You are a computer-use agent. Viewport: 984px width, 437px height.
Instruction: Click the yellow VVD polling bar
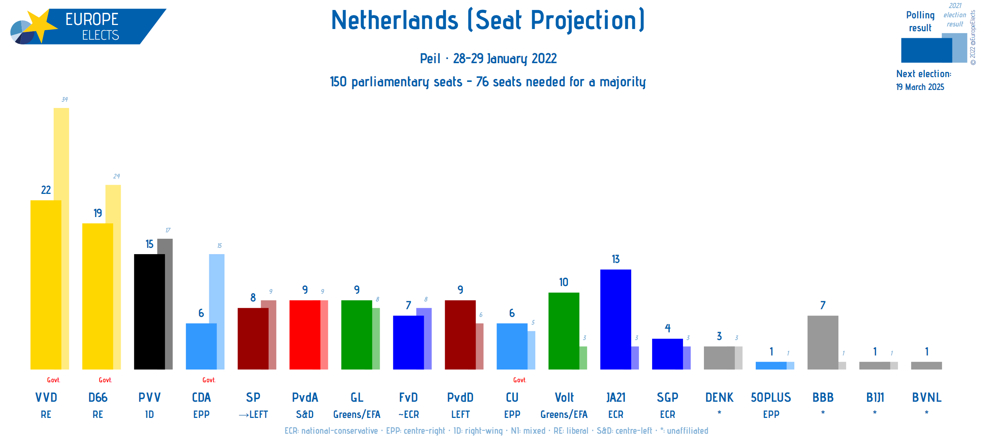46,284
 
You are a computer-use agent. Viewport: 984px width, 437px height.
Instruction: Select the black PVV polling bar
149,311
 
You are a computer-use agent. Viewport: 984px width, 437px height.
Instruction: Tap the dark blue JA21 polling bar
615,319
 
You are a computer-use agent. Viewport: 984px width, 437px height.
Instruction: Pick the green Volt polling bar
563,331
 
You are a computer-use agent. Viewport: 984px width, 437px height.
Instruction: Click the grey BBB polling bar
822,342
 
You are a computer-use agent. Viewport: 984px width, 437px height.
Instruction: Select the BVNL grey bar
926,365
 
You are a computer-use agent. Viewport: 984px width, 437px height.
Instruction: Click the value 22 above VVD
46,190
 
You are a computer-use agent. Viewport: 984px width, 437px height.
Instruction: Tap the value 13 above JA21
615,259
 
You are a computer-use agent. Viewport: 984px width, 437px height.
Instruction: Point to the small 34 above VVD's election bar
65,100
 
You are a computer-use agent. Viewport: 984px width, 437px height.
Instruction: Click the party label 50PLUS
770,397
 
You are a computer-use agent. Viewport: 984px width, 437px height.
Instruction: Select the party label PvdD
460,397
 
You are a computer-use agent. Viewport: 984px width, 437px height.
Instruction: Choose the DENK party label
719,397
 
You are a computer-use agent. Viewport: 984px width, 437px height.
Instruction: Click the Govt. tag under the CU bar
519,380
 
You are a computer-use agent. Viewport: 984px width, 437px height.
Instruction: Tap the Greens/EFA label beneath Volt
563,414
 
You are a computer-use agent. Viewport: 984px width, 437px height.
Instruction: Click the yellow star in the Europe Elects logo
41,25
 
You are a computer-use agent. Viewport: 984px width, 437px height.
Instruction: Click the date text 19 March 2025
920,87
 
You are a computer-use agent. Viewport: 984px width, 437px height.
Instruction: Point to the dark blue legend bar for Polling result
926,50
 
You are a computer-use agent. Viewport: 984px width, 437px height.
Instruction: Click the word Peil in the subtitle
430,58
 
